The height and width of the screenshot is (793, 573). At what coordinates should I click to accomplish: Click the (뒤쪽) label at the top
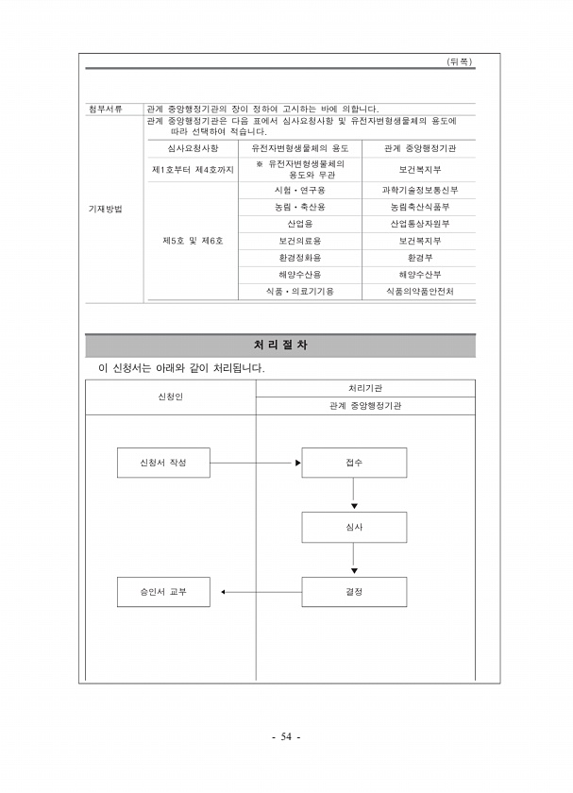pyautogui.click(x=459, y=61)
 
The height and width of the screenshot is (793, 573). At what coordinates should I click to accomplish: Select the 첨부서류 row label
pyautogui.click(x=105, y=109)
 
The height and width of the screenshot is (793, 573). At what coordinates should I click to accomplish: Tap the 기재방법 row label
pyautogui.click(x=105, y=208)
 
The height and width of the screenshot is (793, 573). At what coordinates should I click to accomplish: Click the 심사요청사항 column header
pyautogui.click(x=193, y=149)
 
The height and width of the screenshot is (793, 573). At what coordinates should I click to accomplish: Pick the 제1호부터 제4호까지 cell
pyautogui.click(x=193, y=169)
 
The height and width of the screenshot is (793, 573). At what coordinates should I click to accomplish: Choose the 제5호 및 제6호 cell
pyautogui.click(x=193, y=241)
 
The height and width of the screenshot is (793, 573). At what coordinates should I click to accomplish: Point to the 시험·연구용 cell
pyautogui.click(x=299, y=190)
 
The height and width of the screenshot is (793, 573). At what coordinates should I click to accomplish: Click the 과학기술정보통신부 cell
pyautogui.click(x=420, y=190)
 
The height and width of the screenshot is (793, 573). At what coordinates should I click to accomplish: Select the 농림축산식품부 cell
pyautogui.click(x=420, y=207)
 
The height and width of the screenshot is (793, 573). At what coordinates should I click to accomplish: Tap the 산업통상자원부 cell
pyautogui.click(x=420, y=224)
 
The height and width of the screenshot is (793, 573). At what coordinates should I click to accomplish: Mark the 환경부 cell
pyautogui.click(x=420, y=258)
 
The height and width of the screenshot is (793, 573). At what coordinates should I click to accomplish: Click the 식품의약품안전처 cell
pyautogui.click(x=420, y=292)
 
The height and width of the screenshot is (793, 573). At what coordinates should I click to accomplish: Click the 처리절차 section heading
pyautogui.click(x=280, y=346)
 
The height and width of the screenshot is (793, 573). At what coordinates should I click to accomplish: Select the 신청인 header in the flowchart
pyautogui.click(x=171, y=396)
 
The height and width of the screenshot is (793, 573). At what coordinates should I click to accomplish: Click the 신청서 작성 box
pyautogui.click(x=163, y=463)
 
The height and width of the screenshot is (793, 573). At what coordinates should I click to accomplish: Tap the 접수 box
pyautogui.click(x=354, y=463)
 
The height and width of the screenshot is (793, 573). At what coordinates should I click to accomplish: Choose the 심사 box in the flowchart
pyautogui.click(x=354, y=527)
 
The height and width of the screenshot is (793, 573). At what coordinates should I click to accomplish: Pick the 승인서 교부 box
pyautogui.click(x=163, y=592)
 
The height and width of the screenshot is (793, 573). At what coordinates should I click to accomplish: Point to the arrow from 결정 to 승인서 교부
pyautogui.click(x=261, y=592)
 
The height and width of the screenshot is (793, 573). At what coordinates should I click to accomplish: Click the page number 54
pyautogui.click(x=286, y=737)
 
